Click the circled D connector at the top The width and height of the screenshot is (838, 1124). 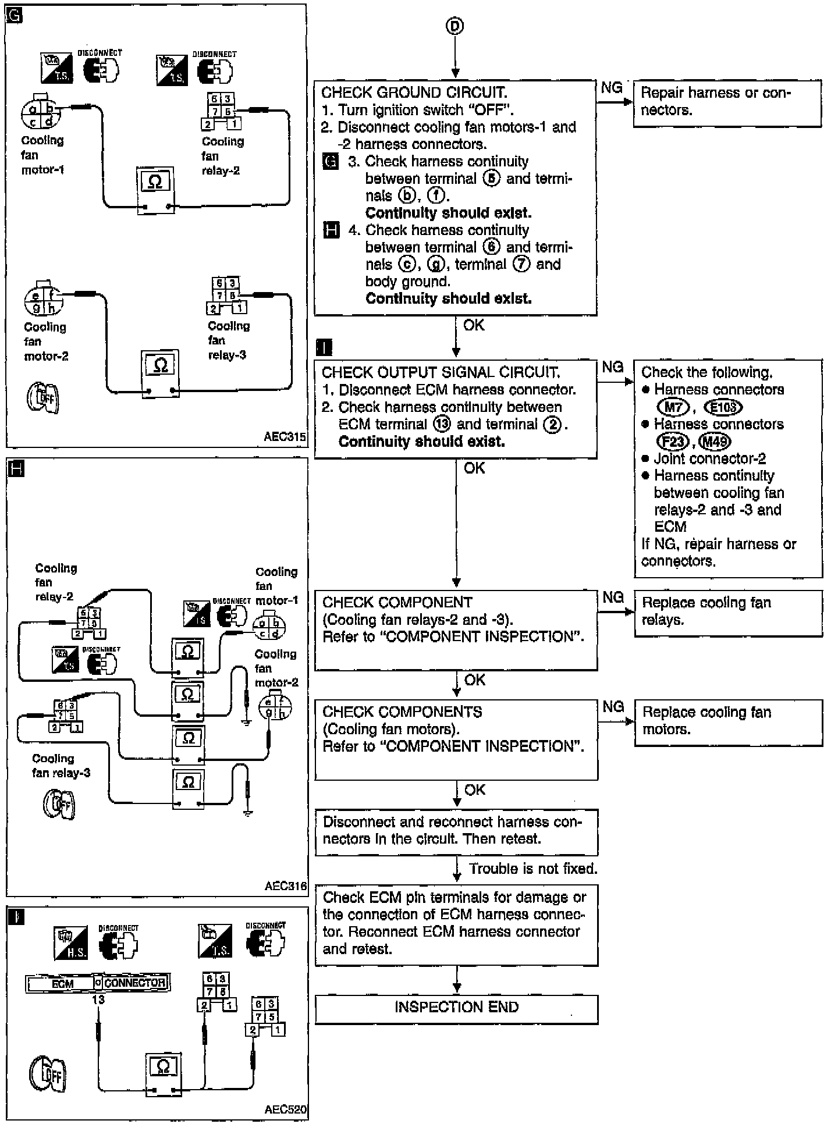pyautogui.click(x=455, y=26)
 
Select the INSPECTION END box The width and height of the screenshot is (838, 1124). pyautogui.click(x=456, y=1008)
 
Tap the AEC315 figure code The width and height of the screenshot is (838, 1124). pyautogui.click(x=285, y=437)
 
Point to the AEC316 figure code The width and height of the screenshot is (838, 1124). pyautogui.click(x=285, y=886)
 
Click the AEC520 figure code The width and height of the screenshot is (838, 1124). pyautogui.click(x=285, y=1109)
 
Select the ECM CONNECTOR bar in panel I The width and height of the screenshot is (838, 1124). pyautogui.click(x=98, y=983)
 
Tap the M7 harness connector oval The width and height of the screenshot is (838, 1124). pyautogui.click(x=673, y=407)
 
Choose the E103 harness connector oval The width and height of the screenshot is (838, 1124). pyautogui.click(x=723, y=407)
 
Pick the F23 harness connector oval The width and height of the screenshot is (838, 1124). pyautogui.click(x=673, y=442)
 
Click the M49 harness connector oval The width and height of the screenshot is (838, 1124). pyautogui.click(x=715, y=442)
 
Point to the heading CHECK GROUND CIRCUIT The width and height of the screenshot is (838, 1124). pyautogui.click(x=414, y=93)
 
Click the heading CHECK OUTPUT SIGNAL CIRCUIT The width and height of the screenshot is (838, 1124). pyautogui.click(x=441, y=372)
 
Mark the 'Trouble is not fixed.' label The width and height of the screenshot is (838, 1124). pyautogui.click(x=533, y=869)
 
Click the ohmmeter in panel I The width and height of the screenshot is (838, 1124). pyautogui.click(x=163, y=1071)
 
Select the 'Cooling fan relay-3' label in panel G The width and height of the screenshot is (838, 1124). pyautogui.click(x=228, y=340)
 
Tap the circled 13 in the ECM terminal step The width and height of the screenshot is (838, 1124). pyautogui.click(x=442, y=424)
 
